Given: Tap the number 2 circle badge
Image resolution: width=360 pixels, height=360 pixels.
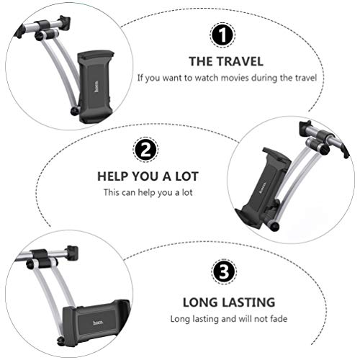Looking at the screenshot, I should pyautogui.click(x=144, y=150).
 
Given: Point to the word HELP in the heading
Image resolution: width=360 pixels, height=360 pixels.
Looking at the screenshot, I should pyautogui.click(x=114, y=176).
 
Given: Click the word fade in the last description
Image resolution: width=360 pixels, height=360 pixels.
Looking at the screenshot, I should pyautogui.click(x=264, y=318).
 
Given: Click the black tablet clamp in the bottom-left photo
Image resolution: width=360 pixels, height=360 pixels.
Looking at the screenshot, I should pyautogui.click(x=95, y=318).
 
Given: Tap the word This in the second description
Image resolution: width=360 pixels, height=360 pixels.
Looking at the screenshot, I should pyautogui.click(x=112, y=192).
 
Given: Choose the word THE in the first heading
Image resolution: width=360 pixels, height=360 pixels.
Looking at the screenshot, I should pyautogui.click(x=199, y=61).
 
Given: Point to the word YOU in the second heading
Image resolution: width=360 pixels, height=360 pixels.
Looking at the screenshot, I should pyautogui.click(x=148, y=176).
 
